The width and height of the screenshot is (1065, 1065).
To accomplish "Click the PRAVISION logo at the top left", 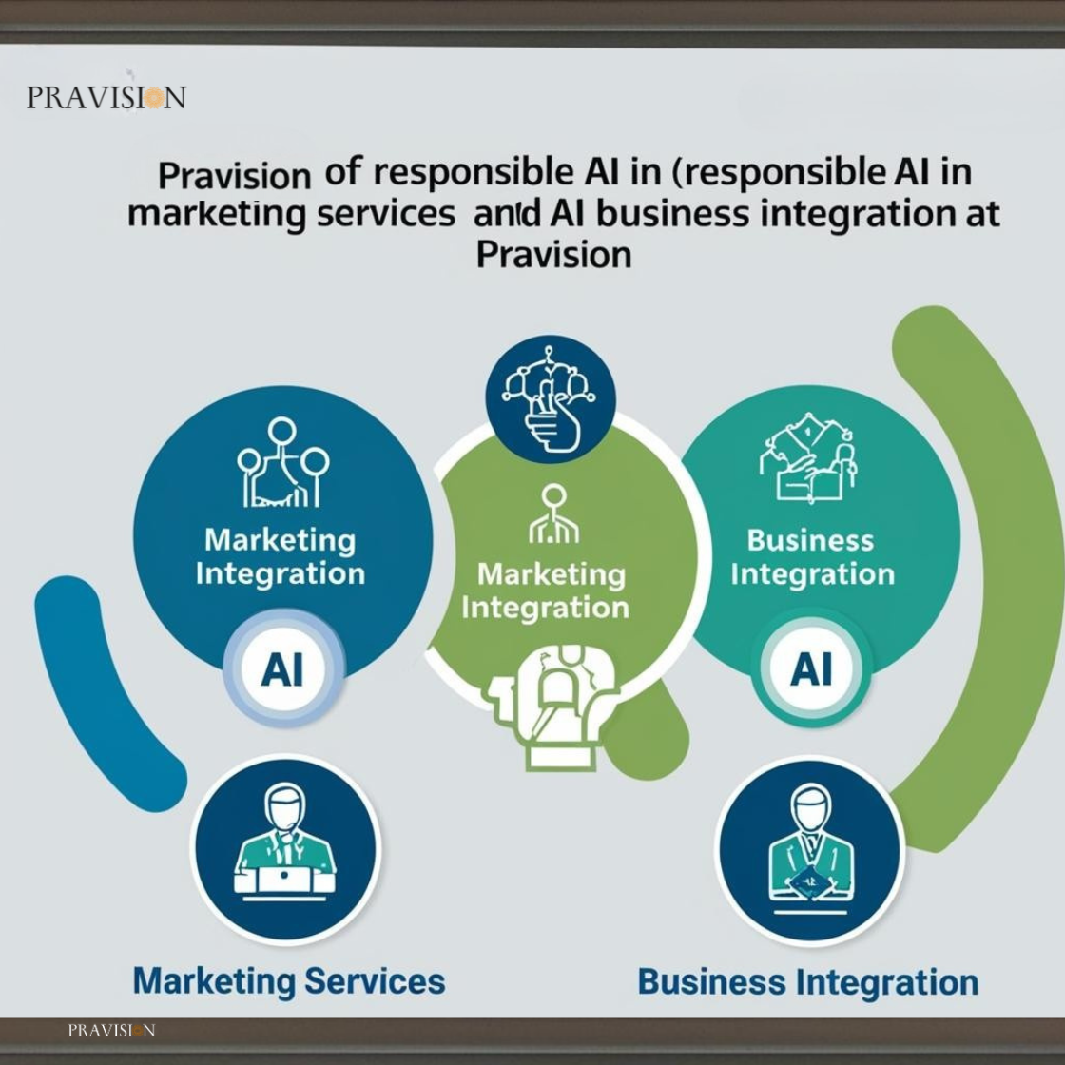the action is point(106,97).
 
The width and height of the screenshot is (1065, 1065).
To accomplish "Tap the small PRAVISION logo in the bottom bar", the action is point(111,1031).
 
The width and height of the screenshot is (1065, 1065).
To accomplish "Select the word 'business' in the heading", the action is point(673,213).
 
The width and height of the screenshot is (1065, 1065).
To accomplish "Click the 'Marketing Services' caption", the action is point(289,981).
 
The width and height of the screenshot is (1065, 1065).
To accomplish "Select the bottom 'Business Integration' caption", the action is point(808,983).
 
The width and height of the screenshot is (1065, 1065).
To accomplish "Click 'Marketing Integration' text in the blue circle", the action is point(280,557).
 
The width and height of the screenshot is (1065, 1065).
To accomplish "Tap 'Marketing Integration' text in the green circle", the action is point(546,591).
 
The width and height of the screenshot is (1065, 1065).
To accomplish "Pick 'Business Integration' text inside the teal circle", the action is point(812,557).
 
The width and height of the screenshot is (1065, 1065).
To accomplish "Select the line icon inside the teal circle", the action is point(808,456).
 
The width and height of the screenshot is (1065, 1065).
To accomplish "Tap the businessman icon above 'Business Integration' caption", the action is point(809,849).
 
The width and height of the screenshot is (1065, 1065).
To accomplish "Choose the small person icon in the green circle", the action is point(553,513).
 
